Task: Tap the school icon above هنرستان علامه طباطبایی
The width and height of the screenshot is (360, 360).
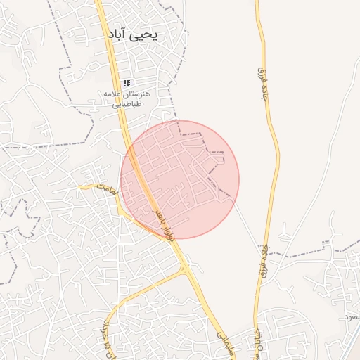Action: click(x=127, y=83)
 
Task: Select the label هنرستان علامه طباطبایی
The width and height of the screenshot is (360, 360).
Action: click(x=127, y=98)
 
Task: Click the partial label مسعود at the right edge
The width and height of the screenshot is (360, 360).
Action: click(x=351, y=318)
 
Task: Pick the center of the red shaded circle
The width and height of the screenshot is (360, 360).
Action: click(x=180, y=179)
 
